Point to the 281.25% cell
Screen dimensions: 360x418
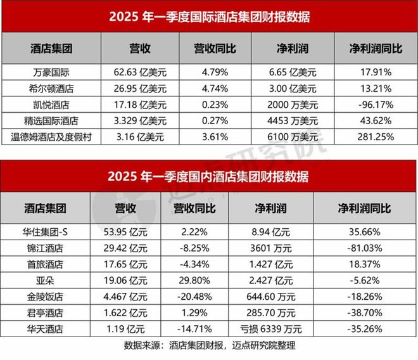[x=369, y=136]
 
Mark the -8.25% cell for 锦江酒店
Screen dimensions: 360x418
[x=194, y=247]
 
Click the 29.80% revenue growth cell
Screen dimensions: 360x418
[x=194, y=280]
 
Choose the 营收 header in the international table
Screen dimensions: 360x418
[x=134, y=48]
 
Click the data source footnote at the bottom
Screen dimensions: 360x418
[x=208, y=346]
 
